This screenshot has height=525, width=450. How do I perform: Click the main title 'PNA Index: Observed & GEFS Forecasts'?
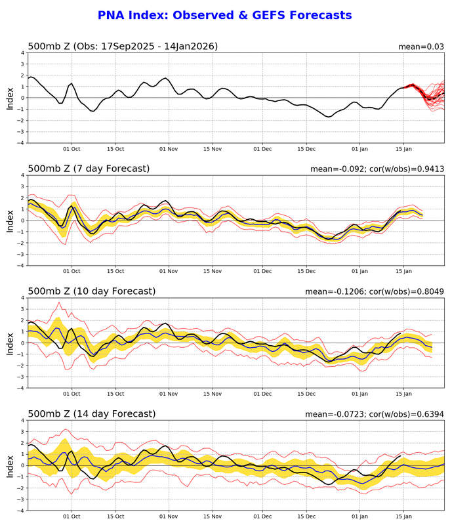pos(224,15)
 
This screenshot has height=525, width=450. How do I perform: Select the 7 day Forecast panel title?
pos(89,169)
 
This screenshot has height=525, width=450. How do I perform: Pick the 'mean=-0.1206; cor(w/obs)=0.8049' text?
pos(375,291)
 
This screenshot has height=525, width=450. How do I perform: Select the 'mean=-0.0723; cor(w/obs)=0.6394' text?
pos(375,414)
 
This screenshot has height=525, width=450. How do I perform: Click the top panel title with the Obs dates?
pos(123,46)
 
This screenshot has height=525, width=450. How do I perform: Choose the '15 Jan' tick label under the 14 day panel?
pos(403,517)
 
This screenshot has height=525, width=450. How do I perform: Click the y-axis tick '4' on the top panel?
pos(22,52)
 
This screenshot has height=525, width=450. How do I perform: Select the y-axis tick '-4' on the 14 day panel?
pos(20,510)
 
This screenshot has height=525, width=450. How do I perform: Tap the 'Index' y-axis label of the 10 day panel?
pos(10,343)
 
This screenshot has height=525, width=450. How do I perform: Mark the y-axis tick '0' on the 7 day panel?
pos(22,220)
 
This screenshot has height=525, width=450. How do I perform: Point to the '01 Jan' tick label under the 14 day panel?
pos(360,517)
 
